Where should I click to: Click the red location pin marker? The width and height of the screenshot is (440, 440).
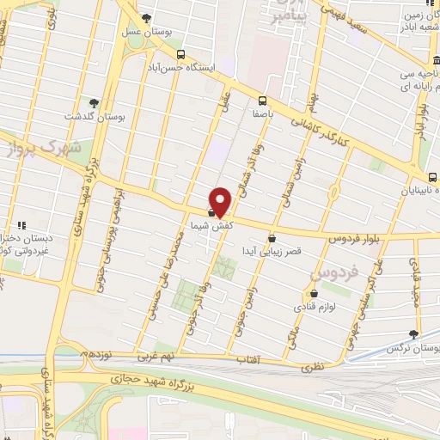[x=221, y=201]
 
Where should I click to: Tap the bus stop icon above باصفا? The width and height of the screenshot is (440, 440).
[x=261, y=101]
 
